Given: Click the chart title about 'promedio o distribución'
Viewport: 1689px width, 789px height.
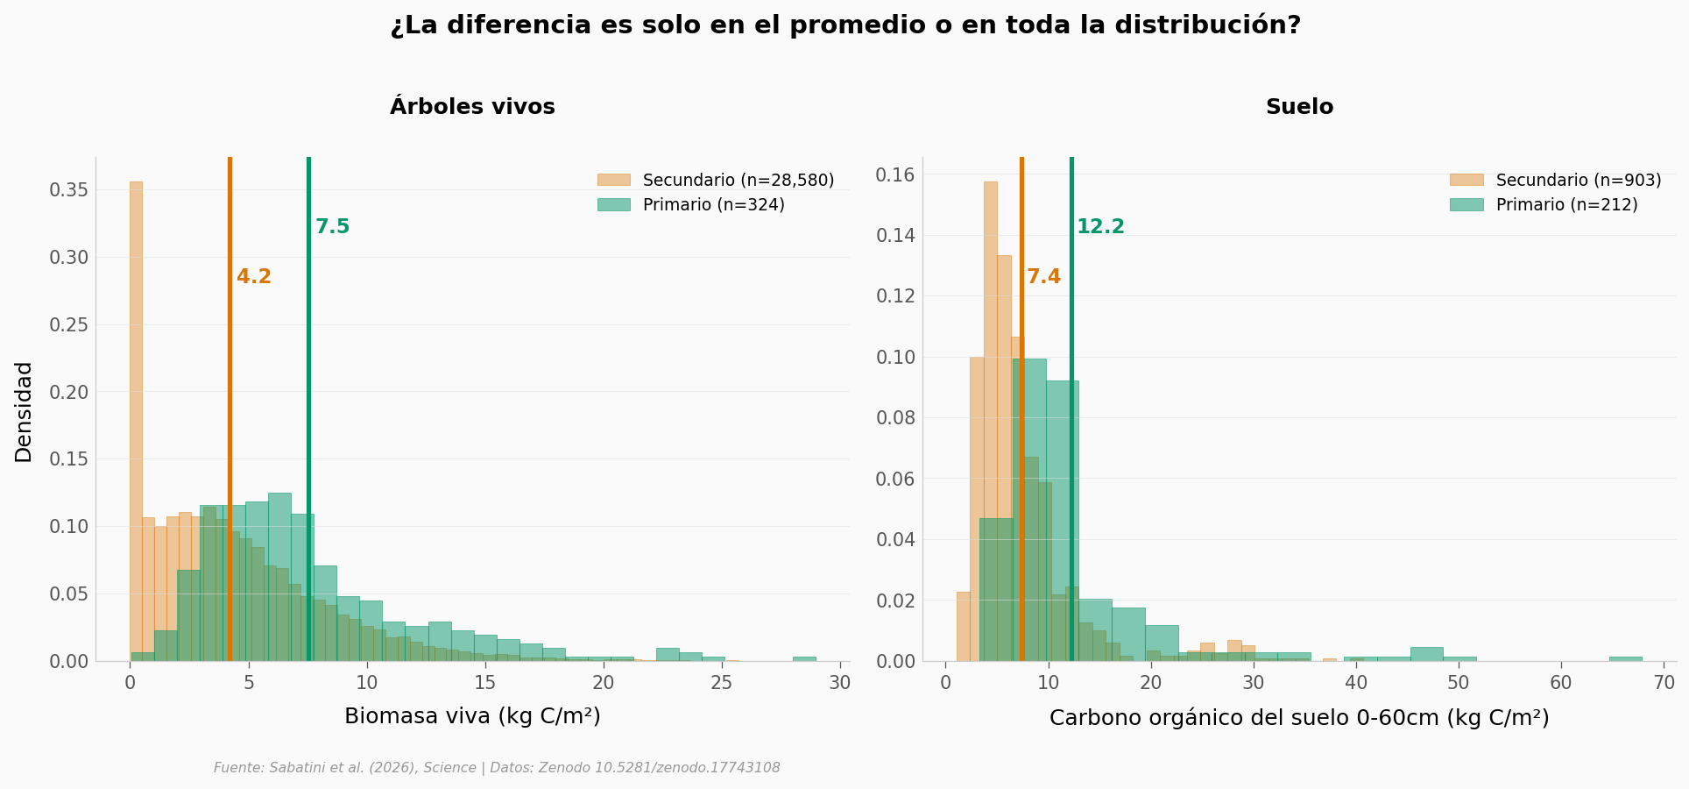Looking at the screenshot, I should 845,25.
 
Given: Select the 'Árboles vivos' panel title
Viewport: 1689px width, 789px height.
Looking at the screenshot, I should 472,107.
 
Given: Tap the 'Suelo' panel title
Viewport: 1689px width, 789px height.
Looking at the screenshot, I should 1299,107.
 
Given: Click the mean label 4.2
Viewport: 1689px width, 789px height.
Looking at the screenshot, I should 254,277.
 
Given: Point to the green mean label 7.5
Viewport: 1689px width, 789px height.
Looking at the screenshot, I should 332,227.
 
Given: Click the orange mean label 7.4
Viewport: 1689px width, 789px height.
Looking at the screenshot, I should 1043,277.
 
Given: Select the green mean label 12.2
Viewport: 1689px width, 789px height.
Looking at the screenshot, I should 1100,227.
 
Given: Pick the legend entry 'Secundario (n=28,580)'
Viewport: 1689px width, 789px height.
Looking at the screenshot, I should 738,180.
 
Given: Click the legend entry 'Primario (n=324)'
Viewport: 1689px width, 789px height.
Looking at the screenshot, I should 713,204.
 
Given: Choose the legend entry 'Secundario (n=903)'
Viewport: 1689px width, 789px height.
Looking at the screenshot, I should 1578,180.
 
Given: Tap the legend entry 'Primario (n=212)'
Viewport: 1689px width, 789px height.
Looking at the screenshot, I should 1566,204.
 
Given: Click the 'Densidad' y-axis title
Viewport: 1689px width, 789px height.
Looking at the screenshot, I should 24,411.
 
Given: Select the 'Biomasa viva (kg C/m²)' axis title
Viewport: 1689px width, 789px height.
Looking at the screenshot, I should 472,716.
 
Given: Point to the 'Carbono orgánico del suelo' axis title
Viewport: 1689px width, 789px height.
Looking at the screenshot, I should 1299,718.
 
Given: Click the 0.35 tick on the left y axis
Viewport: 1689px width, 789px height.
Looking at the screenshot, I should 68,190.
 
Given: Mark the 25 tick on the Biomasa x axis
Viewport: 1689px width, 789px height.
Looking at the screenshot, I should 722,683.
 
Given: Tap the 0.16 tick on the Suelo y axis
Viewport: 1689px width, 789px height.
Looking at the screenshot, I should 894,175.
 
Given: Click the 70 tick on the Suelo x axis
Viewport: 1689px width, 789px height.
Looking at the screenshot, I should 1664,683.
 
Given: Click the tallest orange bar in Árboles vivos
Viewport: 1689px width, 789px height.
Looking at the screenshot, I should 136,421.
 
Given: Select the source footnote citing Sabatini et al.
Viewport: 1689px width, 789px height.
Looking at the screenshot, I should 497,768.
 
